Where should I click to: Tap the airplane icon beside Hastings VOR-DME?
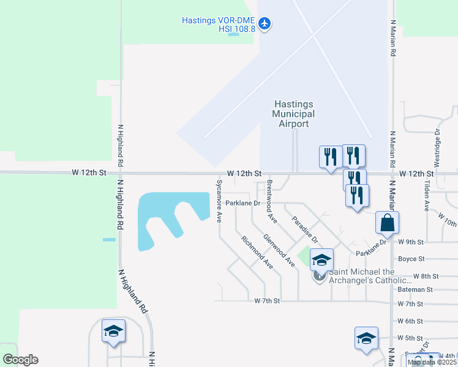265,24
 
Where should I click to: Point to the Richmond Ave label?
257,252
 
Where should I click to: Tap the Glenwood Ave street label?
279,250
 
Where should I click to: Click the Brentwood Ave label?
271,202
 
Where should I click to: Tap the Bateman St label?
415,289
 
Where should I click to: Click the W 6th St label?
410,321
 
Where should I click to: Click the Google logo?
21,360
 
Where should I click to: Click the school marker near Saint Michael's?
321,261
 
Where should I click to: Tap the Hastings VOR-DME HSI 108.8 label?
218,24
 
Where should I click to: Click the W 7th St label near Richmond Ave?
267,301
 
